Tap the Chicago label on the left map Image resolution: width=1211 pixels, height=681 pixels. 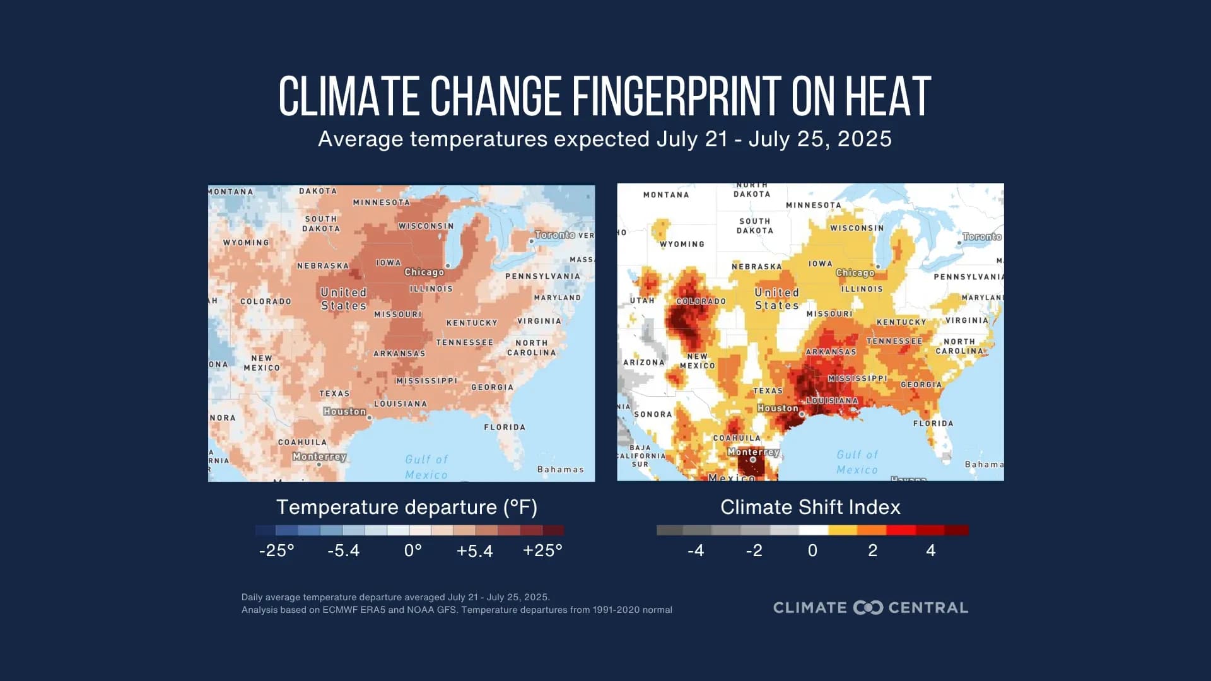[424, 272]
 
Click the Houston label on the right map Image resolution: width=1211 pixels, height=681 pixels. [778, 409]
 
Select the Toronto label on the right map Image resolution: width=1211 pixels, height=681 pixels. [981, 236]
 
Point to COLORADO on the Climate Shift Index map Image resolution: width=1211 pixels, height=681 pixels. [701, 301]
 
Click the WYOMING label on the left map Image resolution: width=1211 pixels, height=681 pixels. [245, 243]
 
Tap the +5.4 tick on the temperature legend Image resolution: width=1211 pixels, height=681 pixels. [474, 550]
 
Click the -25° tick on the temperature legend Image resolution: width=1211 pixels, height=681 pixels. [276, 550]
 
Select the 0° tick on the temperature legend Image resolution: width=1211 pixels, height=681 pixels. [412, 550]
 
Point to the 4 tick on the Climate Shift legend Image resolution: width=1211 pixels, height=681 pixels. [930, 550]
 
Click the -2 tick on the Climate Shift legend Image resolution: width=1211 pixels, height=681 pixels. [754, 550]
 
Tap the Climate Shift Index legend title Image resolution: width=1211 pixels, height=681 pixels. [810, 507]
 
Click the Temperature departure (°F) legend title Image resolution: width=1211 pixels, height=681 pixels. [406, 507]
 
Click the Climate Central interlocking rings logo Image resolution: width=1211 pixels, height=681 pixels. [868, 608]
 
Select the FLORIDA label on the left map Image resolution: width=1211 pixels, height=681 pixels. [504, 428]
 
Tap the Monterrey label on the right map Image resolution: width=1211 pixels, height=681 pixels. [753, 452]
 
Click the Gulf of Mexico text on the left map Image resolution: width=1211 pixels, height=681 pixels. [426, 467]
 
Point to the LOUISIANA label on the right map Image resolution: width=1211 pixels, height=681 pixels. [833, 401]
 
